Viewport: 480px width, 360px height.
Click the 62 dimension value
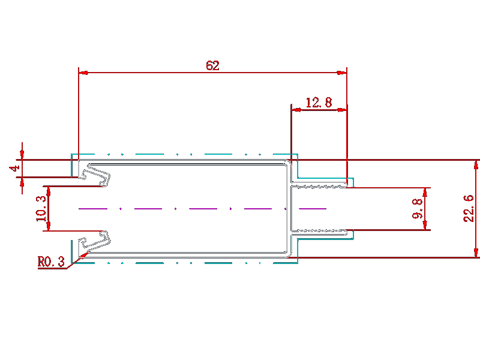coord(212,65)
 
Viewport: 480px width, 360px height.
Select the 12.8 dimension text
coord(319,103)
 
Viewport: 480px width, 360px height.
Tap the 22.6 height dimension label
coord(469,208)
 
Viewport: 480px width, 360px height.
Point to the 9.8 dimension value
coord(417,209)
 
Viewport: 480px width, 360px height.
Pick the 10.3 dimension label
coord(41,208)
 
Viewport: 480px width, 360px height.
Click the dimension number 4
coord(14,168)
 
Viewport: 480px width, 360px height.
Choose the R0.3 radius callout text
coord(51,262)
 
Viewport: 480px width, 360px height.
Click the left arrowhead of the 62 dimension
coord(83,73)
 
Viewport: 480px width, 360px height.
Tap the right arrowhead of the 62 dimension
coord(342,73)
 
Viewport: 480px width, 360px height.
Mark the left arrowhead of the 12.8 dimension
coord(296,110)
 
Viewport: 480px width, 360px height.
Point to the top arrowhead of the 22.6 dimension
coord(476,164)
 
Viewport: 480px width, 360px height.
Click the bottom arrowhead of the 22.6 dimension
coord(476,253)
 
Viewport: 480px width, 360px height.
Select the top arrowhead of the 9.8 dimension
coord(425,193)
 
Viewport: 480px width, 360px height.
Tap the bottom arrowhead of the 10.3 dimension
coord(48,226)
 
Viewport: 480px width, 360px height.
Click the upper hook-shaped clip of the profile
coord(95,175)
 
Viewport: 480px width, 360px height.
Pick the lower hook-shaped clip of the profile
coord(95,242)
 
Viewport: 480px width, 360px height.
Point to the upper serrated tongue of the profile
coord(319,185)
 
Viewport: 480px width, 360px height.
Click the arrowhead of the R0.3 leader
coord(84,254)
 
